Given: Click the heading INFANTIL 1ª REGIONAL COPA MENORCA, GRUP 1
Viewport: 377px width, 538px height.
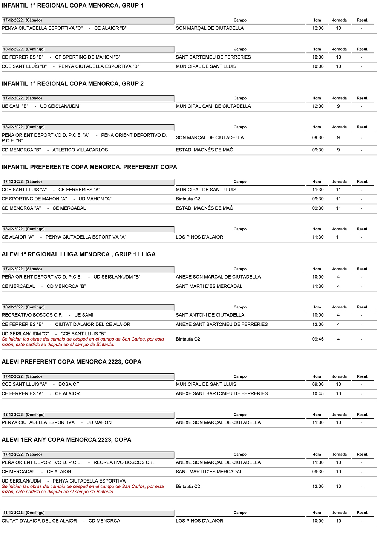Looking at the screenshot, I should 72,6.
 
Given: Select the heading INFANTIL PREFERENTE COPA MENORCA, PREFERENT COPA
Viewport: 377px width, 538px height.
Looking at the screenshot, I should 89,167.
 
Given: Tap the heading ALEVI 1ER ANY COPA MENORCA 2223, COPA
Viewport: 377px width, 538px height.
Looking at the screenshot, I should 66,440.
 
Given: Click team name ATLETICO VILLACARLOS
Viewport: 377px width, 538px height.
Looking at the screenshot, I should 80,150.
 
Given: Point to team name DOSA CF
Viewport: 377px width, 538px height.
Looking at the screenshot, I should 69,384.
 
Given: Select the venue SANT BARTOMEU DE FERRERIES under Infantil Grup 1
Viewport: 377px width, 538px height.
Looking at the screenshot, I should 213,57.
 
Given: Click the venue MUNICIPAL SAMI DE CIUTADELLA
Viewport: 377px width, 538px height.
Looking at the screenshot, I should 213,106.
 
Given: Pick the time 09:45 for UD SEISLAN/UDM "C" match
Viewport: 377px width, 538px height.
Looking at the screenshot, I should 317,339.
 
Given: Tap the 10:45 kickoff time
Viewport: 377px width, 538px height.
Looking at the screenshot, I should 317,394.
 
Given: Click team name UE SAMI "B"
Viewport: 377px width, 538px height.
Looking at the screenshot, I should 15,106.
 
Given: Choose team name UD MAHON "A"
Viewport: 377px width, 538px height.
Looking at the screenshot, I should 95,199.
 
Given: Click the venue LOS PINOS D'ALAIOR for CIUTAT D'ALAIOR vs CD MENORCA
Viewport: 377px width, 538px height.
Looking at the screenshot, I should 199,521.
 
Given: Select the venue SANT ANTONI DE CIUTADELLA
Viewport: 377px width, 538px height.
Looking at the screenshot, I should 210,315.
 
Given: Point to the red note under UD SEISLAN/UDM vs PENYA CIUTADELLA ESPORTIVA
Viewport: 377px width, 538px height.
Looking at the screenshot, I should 83,489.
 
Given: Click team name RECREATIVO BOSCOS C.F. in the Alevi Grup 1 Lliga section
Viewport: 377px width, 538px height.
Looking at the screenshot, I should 32,315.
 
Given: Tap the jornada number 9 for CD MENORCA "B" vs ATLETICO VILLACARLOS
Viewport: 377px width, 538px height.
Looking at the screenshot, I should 338,150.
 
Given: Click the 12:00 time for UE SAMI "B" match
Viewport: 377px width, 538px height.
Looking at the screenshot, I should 317,106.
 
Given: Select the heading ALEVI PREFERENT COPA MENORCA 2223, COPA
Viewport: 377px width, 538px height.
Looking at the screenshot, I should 71,362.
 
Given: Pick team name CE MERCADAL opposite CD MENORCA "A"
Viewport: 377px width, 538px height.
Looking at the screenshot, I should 69,208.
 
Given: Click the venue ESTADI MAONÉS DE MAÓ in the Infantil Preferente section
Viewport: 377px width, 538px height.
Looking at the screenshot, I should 204,208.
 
